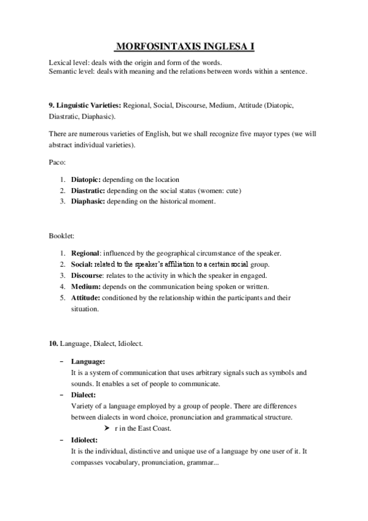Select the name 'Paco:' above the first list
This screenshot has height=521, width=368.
(x=57, y=162)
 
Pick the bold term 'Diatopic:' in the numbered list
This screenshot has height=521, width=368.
(x=86, y=179)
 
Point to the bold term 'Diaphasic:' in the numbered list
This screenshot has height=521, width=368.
(x=88, y=202)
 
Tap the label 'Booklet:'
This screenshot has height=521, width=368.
(x=60, y=235)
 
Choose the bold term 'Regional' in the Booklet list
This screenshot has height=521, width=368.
(x=85, y=253)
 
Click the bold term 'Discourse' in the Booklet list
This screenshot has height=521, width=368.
(x=88, y=275)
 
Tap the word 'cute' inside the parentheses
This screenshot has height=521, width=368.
(x=230, y=190)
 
